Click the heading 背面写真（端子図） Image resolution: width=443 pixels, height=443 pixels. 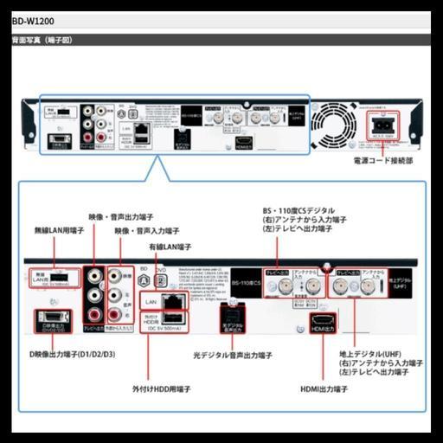coord(41,41)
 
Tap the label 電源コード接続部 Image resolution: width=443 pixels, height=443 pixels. coord(383,161)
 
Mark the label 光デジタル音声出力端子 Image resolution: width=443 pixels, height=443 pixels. coord(233,355)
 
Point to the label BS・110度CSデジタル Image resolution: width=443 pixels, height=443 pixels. coord(299,210)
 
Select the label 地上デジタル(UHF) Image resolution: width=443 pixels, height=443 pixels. coord(370,355)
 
